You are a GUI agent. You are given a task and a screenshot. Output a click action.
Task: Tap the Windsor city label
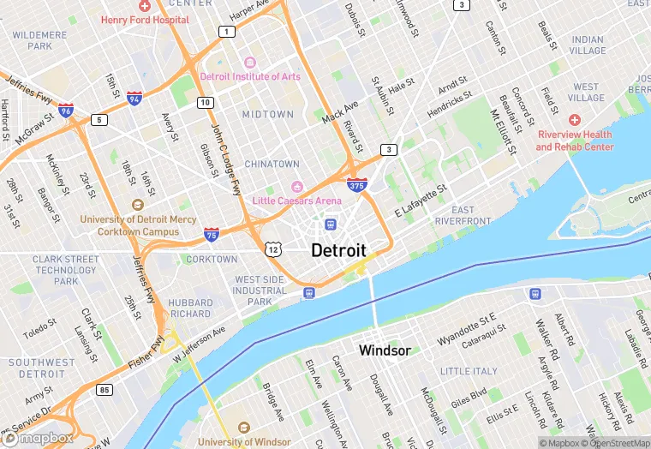385,350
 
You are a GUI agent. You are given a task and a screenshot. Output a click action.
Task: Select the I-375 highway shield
358,184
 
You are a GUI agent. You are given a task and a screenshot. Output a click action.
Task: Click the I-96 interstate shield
66,111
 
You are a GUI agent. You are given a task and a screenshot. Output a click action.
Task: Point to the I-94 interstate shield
134,99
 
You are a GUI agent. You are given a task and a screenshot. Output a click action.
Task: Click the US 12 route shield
272,248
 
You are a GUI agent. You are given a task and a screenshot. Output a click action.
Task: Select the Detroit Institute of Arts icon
250,63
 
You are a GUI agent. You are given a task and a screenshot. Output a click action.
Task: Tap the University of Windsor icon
243,428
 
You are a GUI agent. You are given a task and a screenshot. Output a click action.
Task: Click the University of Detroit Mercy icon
137,205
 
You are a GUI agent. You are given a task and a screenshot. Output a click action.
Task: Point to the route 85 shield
105,391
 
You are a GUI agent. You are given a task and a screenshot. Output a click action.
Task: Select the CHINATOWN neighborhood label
272,164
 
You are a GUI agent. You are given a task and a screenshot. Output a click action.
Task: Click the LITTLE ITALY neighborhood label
469,371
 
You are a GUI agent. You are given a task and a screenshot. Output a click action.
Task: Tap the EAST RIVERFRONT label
463,215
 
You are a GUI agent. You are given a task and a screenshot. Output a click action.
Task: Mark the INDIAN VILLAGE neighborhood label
588,45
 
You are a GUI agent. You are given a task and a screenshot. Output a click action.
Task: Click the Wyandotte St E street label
466,329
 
